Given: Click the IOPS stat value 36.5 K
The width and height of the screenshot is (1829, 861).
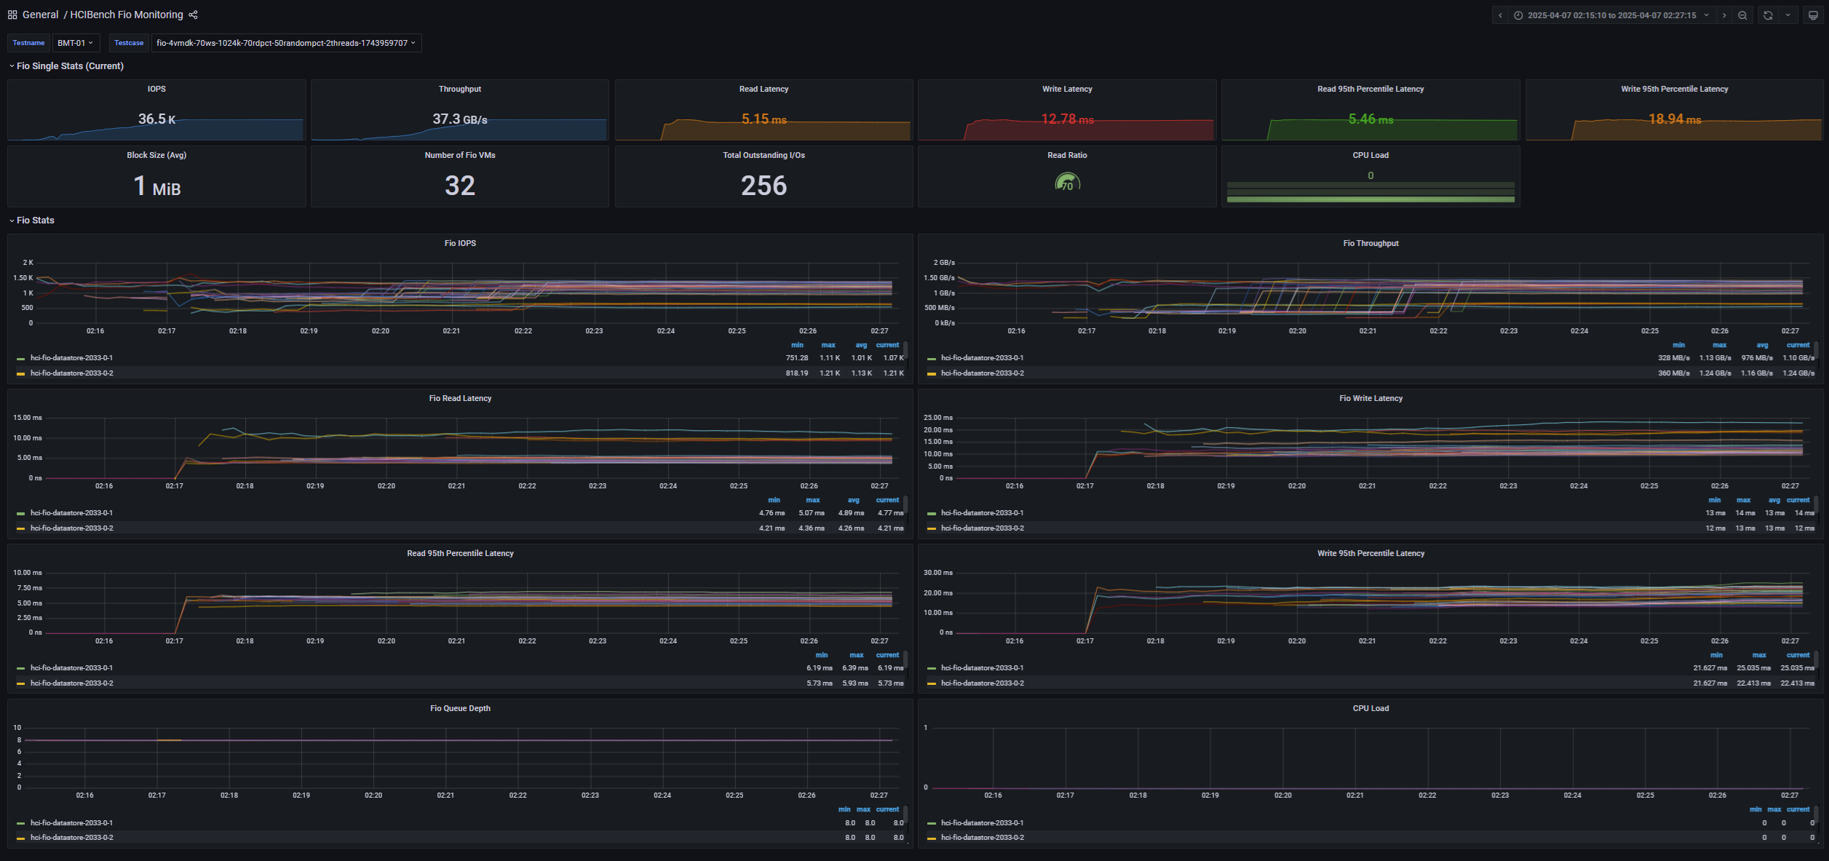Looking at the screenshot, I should [156, 119].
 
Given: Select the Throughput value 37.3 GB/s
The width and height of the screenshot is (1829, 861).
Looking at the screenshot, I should [459, 119].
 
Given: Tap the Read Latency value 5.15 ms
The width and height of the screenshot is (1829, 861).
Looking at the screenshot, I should [763, 119].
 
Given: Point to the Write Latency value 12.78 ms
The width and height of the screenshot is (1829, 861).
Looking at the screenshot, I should [1067, 119].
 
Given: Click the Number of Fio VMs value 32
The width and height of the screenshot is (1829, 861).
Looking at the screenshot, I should [459, 186].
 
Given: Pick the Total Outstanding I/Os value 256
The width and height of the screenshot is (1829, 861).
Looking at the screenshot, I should [763, 186].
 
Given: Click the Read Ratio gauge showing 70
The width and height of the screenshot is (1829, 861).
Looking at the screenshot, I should [1067, 183].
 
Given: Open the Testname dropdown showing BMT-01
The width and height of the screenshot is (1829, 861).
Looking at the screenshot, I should [75, 43].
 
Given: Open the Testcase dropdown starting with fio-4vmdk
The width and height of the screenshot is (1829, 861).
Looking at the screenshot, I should [286, 43].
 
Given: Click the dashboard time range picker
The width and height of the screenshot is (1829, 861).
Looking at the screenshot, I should [1611, 15].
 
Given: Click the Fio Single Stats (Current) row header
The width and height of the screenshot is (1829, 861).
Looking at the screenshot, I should [70, 66].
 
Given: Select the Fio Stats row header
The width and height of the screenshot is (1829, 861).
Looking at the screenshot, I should [35, 221].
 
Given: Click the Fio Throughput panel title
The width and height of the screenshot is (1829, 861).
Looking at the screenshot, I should [1370, 244].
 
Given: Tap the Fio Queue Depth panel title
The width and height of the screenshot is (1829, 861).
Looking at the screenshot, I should [460, 709].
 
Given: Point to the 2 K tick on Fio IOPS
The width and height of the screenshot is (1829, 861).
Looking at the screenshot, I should [28, 263].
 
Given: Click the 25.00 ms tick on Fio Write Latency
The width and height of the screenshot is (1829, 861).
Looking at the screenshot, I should [937, 418].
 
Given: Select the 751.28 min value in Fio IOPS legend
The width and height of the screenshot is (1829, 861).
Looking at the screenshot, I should [796, 358].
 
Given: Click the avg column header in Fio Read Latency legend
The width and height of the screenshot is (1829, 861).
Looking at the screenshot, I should [853, 501].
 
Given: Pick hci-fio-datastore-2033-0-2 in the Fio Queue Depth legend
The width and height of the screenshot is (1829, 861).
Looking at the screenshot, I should [71, 838].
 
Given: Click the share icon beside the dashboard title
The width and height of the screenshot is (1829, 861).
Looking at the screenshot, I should [193, 15].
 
